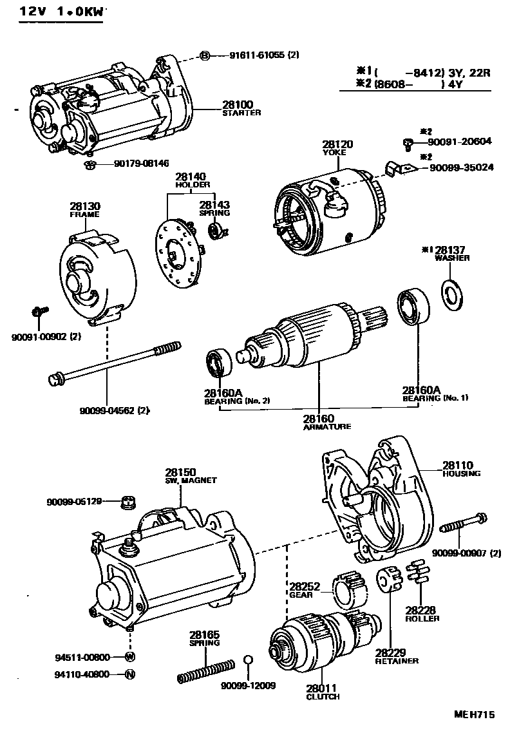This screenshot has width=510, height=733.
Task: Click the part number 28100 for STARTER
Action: coord(238,104)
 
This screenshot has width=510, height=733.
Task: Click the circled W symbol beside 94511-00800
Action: coord(129,657)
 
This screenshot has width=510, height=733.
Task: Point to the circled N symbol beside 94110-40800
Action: coord(129,674)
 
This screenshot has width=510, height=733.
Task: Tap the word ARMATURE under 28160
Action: coord(327,426)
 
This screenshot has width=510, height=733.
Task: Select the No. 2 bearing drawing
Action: coord(217,363)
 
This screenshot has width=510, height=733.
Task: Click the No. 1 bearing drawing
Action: coord(411,308)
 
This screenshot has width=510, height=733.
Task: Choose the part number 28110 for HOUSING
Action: coord(457,464)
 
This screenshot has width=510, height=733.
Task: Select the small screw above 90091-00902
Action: coord(39,312)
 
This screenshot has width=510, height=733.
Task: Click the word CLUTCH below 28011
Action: coord(323,696)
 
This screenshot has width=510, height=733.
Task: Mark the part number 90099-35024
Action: coord(457,167)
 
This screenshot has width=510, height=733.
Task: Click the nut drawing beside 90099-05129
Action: coord(128,500)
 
